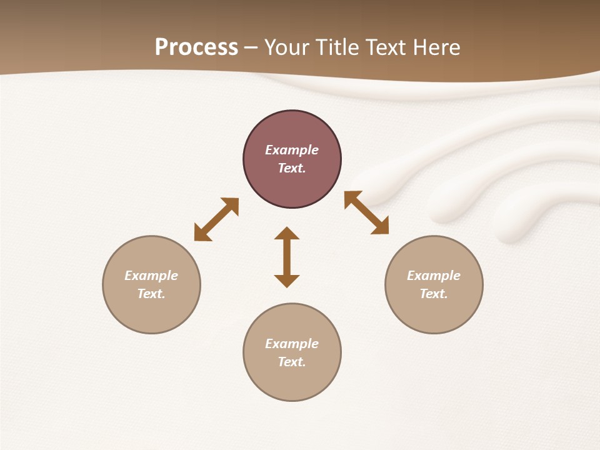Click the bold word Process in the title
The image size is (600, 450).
pos(196,47)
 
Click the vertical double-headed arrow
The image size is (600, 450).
pos(287,257)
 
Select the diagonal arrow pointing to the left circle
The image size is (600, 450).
pos(216,219)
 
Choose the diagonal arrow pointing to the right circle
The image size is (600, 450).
pos(367,212)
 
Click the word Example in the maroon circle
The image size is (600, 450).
pos(292,150)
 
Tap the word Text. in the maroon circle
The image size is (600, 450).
pos(292,168)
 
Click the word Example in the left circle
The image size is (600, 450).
pos(151,276)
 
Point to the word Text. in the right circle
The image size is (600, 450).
pos(434,294)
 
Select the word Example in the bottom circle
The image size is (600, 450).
pos(292,344)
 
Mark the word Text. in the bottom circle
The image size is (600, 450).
pos(292,362)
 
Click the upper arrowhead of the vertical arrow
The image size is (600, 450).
pos(287,234)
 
